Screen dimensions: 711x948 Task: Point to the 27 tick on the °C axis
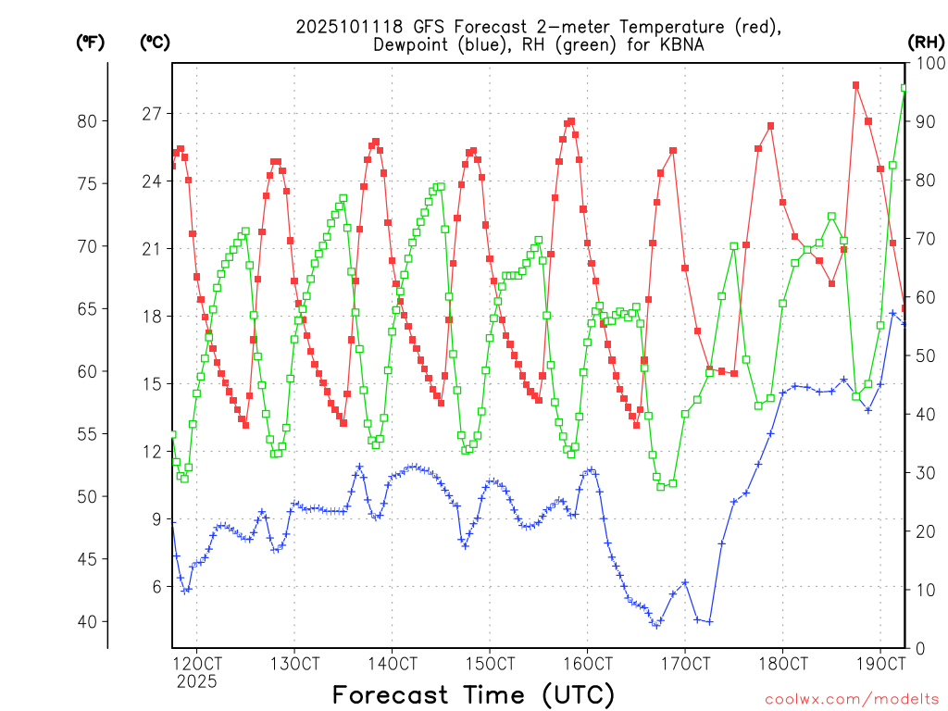tap(151, 114)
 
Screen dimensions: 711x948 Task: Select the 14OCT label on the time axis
tap(392, 664)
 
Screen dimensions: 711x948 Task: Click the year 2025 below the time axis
tap(196, 681)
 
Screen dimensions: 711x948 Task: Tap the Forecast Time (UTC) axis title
tap(473, 694)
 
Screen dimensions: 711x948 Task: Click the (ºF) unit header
tap(90, 42)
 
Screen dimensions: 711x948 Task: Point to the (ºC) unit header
tap(155, 42)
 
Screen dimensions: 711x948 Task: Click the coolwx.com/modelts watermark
tap(851, 699)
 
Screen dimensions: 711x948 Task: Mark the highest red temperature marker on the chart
tap(856, 85)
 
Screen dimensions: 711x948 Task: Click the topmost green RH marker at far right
tap(904, 88)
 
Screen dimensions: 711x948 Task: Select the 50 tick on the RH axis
tap(924, 355)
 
